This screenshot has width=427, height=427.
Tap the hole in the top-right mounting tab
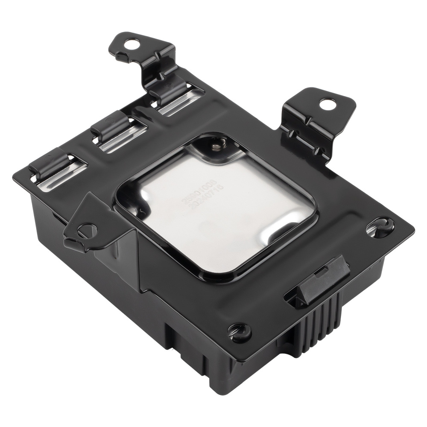click(327, 102)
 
